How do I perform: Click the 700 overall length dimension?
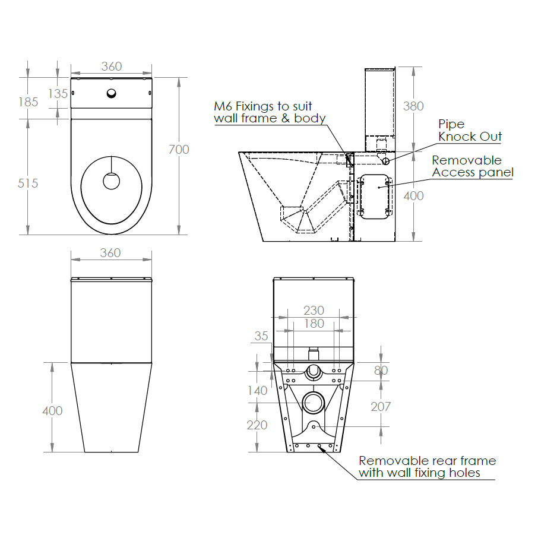179,150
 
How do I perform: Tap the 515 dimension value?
28,183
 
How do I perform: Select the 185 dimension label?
28,102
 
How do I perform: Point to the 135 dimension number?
58,94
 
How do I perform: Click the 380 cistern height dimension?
413,106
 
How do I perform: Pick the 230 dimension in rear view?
314,311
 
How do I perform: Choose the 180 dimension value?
314,324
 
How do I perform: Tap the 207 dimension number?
381,407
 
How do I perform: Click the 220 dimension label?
257,425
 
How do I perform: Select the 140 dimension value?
257,391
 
